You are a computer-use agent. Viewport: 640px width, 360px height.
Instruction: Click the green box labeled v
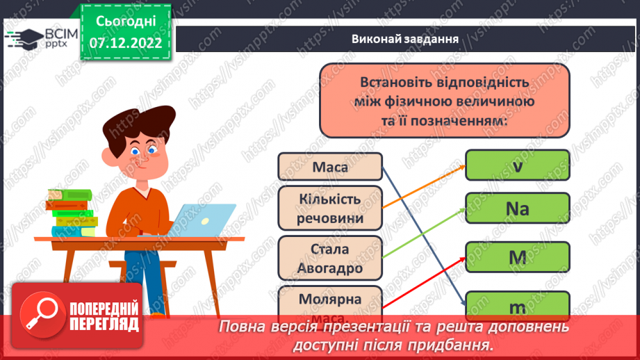[x=517, y=165]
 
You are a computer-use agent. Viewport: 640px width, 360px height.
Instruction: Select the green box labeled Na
[x=517, y=208]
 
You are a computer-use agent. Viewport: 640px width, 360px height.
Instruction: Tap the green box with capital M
[x=517, y=257]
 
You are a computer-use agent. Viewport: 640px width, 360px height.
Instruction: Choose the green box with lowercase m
[x=517, y=306]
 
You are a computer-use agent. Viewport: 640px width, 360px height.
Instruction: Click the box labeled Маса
[x=330, y=167]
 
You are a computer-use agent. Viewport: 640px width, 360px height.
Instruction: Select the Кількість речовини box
[x=330, y=208]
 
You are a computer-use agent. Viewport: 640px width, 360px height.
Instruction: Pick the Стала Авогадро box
[x=330, y=257]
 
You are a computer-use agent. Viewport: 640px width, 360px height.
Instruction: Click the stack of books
[x=71, y=213]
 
